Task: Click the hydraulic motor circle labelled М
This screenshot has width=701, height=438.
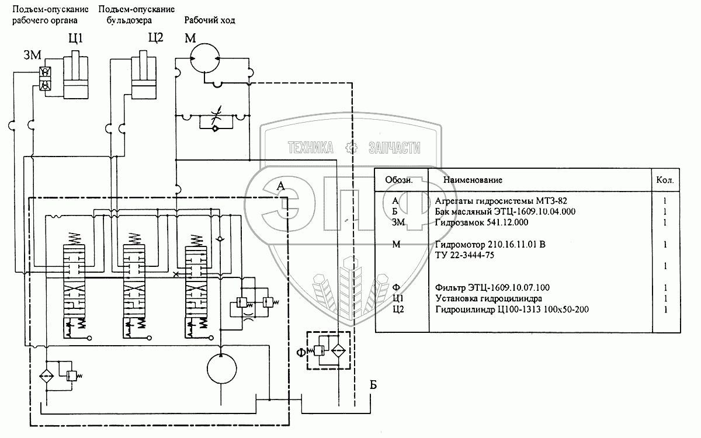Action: (x=205, y=58)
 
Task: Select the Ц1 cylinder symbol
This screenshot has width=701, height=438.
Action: (x=76, y=75)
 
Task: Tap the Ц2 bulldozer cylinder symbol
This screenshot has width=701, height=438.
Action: (x=143, y=75)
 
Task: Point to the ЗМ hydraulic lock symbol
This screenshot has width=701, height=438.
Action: (x=45, y=78)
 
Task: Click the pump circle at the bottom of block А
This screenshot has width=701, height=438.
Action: (x=221, y=369)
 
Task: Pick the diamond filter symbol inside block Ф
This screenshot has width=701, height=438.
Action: (x=338, y=350)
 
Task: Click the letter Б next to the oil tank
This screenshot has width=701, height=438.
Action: (x=373, y=385)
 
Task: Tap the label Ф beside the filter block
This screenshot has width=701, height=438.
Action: (x=301, y=353)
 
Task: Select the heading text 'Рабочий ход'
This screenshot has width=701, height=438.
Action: (x=209, y=20)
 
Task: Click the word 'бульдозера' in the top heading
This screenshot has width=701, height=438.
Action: (x=129, y=20)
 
